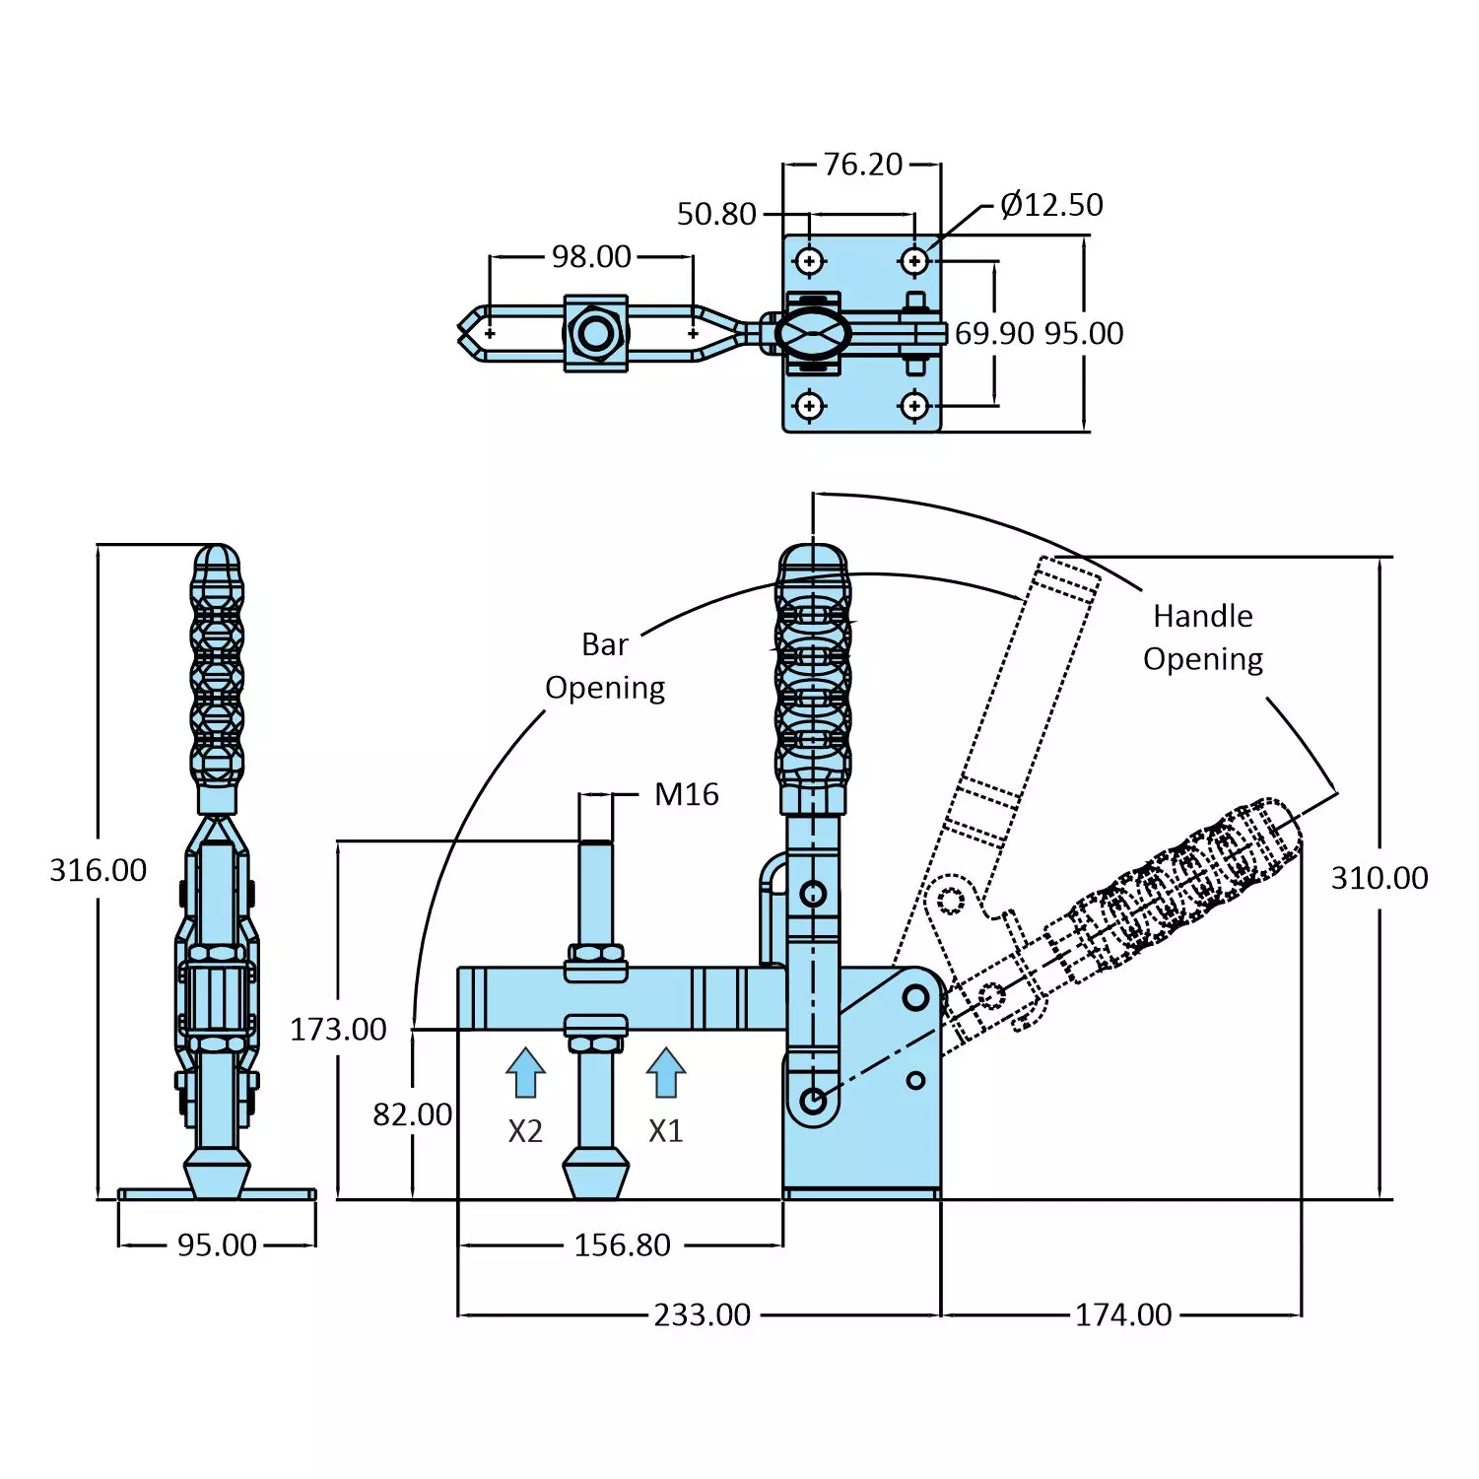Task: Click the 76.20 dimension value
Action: pyautogui.click(x=862, y=165)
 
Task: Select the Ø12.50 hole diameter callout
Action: pyautogui.click(x=1051, y=205)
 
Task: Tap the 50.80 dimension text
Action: pyautogui.click(x=716, y=214)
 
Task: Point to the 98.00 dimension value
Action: pyautogui.click(x=591, y=257)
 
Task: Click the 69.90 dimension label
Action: pyautogui.click(x=994, y=334)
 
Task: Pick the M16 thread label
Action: pyautogui.click(x=687, y=794)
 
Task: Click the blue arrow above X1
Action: pyautogui.click(x=666, y=1072)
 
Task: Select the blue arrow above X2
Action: pyautogui.click(x=525, y=1072)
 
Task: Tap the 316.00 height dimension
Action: pyautogui.click(x=98, y=870)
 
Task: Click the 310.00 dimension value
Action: pyautogui.click(x=1379, y=878)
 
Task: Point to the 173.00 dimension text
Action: pyautogui.click(x=338, y=1030)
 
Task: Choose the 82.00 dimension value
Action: pyautogui.click(x=412, y=1114)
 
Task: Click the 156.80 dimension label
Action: pyautogui.click(x=622, y=1245)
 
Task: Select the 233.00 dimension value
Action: pyautogui.click(x=702, y=1315)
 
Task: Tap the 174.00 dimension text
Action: pyautogui.click(x=1123, y=1315)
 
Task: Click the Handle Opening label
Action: pyautogui.click(x=1203, y=638)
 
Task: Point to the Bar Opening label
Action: pyautogui.click(x=605, y=666)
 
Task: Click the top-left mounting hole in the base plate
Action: pyautogui.click(x=810, y=261)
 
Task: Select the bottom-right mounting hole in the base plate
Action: pyautogui.click(x=914, y=405)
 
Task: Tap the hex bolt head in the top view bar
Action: pyautogui.click(x=595, y=334)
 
